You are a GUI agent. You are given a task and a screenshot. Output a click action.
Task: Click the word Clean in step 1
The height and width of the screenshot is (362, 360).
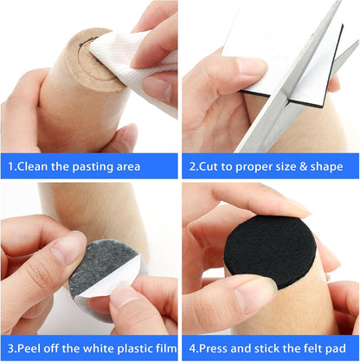tap(32, 166)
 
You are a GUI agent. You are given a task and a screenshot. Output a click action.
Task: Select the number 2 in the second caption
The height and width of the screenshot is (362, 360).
tap(192, 166)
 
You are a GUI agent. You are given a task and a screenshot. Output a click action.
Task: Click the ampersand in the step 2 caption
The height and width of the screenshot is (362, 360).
tap(303, 166)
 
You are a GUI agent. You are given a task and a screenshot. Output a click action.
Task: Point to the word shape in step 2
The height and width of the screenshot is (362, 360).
tap(327, 167)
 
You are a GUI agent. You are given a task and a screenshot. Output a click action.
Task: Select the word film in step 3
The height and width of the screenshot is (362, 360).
tap(166, 348)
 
